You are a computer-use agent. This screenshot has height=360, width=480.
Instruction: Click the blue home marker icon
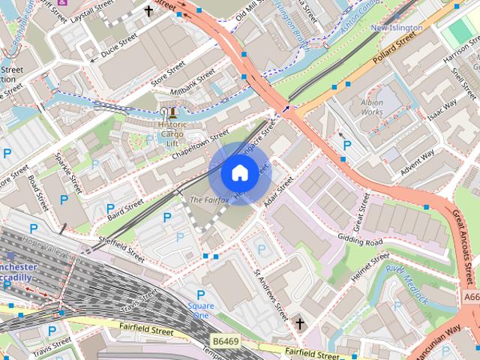pyautogui.click(x=238, y=173)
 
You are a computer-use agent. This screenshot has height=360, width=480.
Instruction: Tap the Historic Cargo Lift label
pyautogui.click(x=173, y=134)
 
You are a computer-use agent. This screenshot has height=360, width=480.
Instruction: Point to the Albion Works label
pyautogui.click(x=372, y=106)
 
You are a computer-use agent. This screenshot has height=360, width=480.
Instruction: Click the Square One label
pyautogui.click(x=200, y=310)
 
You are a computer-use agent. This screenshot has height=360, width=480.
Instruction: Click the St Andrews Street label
pyautogui.click(x=271, y=294)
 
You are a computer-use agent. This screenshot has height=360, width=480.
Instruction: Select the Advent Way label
pyautogui.click(x=418, y=160)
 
